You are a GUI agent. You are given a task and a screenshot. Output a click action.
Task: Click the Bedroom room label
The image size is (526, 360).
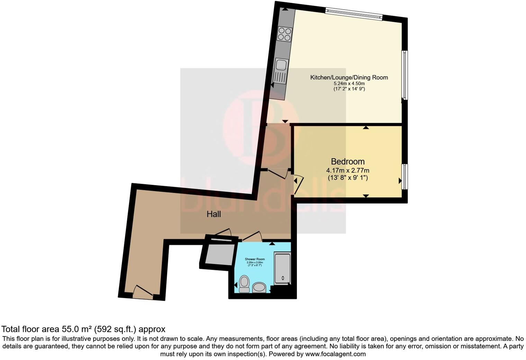pyautogui.click(x=347, y=162)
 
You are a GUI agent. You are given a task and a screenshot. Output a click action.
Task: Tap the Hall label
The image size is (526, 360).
pyautogui.click(x=214, y=214)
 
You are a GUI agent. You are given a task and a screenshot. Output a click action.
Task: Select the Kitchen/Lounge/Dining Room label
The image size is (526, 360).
pyautogui.click(x=349, y=78)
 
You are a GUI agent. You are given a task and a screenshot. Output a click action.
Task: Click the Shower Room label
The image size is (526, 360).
pyautogui.click(x=255, y=259)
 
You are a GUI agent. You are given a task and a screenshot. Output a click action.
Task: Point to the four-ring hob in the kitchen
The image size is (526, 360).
pyautogui.click(x=285, y=34)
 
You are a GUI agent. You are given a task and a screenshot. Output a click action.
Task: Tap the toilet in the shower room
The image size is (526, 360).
pyautogui.click(x=244, y=284)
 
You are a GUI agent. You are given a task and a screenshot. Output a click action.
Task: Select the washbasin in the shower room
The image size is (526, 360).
pyautogui.click(x=259, y=287)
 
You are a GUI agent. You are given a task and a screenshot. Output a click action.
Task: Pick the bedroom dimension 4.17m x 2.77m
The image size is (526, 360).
pyautogui.click(x=347, y=170)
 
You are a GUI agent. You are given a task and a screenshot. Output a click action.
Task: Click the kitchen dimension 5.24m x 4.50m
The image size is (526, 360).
pyautogui.click(x=349, y=83)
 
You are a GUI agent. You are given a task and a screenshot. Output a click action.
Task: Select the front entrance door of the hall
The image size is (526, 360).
pyautogui.click(x=143, y=292)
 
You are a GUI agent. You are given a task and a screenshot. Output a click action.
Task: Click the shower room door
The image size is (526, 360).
pyautogui.click(x=252, y=236)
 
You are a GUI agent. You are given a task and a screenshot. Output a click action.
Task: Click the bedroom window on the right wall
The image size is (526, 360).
pyautogui.click(x=404, y=177)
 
